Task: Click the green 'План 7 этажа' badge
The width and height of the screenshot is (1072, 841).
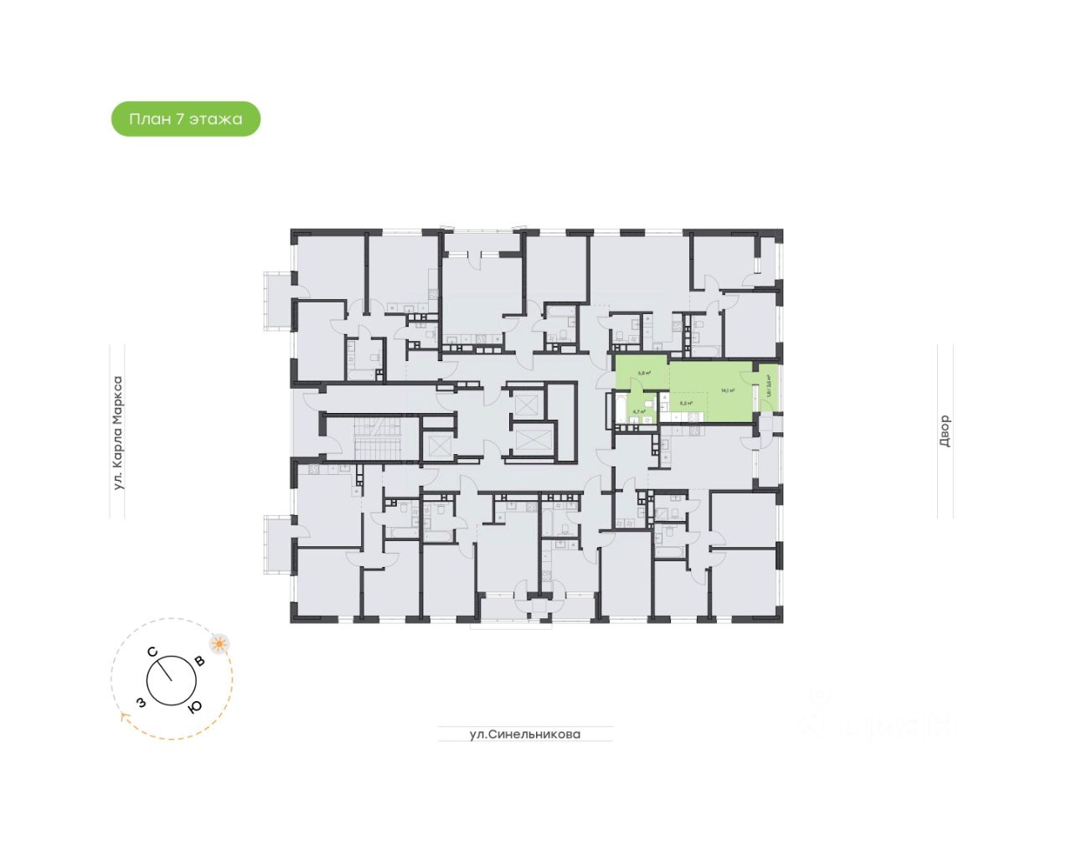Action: (x=186, y=119)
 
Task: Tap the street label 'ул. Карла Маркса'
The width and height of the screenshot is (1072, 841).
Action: (x=118, y=433)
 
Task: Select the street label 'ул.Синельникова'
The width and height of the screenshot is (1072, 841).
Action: (x=524, y=735)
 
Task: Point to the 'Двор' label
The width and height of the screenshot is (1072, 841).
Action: (x=945, y=431)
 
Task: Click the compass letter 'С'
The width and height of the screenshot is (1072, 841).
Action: (x=152, y=652)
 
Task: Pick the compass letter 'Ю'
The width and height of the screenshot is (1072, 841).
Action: (x=195, y=706)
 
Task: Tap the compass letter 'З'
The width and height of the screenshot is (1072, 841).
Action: (x=142, y=702)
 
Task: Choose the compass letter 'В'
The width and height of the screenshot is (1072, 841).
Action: (x=199, y=661)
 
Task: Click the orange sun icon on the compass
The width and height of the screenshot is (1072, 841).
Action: (x=219, y=644)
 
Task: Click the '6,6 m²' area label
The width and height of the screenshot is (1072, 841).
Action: (x=644, y=374)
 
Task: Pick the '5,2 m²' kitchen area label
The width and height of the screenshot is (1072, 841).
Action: (x=686, y=403)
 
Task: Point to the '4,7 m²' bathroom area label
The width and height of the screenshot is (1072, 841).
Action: (x=639, y=411)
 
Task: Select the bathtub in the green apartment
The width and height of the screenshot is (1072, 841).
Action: (x=621, y=408)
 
